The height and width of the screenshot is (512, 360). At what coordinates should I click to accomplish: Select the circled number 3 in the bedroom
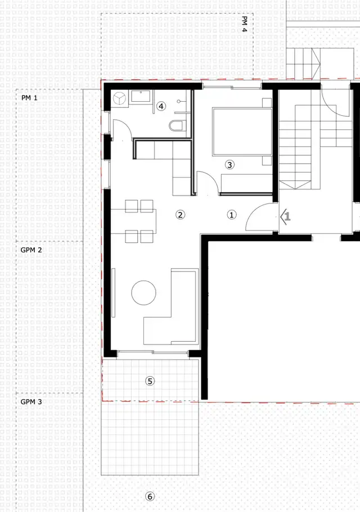pyautogui.click(x=229, y=165)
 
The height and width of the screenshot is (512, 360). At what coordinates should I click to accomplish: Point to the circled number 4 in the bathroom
pyautogui.click(x=161, y=105)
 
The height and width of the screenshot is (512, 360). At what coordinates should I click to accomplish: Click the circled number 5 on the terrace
pyautogui.click(x=150, y=380)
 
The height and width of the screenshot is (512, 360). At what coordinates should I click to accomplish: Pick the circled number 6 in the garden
pyautogui.click(x=150, y=496)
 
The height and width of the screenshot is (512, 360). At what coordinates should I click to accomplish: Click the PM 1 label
pyautogui.click(x=29, y=98)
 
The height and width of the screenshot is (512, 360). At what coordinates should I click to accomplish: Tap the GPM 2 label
pyautogui.click(x=31, y=250)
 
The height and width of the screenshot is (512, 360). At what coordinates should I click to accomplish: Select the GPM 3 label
pyautogui.click(x=31, y=402)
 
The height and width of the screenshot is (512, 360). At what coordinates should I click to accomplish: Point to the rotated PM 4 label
pyautogui.click(x=245, y=24)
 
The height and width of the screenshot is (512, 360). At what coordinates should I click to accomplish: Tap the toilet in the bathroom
pyautogui.click(x=177, y=125)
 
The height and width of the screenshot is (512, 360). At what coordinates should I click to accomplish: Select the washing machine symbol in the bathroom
pyautogui.click(x=120, y=98)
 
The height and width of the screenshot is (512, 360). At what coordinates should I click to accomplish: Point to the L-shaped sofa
pyautogui.click(x=172, y=315)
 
